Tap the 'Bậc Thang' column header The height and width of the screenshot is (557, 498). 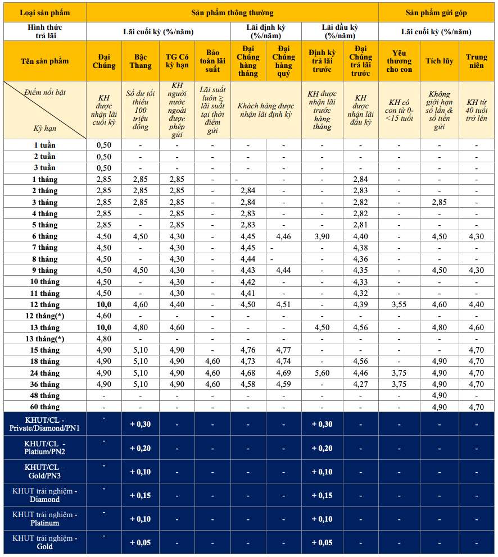[x=141, y=61]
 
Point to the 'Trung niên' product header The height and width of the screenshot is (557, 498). [x=477, y=61]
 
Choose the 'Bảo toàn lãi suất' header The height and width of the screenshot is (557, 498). [x=212, y=61]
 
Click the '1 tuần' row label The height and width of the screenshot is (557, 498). [x=45, y=145]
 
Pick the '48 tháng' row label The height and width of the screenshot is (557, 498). [x=45, y=395]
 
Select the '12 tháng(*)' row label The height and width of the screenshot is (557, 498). [x=45, y=316]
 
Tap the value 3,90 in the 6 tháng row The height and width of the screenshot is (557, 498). [x=322, y=236]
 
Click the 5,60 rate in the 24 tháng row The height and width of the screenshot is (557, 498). [x=322, y=373]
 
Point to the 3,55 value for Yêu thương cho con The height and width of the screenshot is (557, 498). [x=399, y=305]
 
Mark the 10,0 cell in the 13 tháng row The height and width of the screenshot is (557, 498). [x=103, y=327]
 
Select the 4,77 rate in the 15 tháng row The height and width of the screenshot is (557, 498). [x=283, y=350]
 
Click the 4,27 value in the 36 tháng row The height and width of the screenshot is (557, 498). [x=360, y=384]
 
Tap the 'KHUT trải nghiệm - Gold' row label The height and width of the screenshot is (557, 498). [x=45, y=542]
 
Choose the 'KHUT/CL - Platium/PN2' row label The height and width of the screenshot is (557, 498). [x=45, y=448]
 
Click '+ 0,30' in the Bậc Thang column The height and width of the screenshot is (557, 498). [x=141, y=424]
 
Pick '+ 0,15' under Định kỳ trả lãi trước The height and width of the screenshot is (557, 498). [x=322, y=495]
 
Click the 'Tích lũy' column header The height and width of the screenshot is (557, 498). [x=440, y=61]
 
